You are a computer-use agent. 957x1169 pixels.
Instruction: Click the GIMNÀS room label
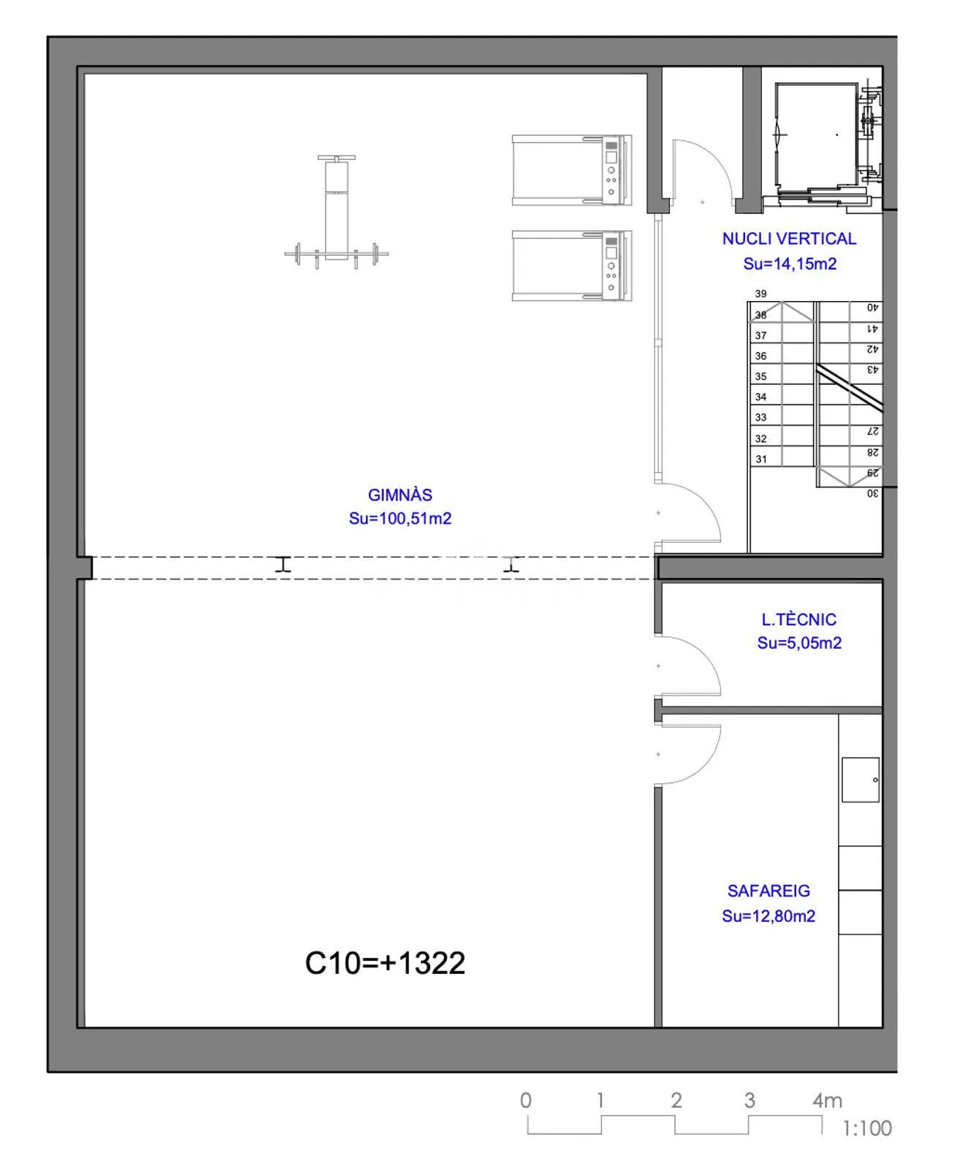coord(400,495)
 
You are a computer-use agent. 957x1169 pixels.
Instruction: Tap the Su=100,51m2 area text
coord(400,518)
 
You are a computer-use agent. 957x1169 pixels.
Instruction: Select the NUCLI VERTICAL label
coord(788,239)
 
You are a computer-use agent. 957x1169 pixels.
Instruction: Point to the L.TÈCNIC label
coord(798,619)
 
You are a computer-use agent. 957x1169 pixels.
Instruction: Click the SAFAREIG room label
coord(768,891)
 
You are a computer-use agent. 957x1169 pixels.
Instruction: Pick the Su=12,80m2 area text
coord(768,915)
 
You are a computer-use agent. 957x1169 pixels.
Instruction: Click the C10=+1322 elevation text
coord(384,963)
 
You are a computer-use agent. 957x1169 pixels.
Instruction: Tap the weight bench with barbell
coord(336,212)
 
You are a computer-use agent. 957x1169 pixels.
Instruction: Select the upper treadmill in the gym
coord(571,170)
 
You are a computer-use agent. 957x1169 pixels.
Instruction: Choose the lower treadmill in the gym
coord(571,266)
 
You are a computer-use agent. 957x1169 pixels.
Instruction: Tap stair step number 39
coord(760,294)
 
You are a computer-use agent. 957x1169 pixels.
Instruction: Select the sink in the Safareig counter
coord(860,780)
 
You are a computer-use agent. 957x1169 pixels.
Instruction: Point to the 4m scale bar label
coord(827,1100)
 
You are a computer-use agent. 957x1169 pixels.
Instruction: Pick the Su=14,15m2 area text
coord(789,264)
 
